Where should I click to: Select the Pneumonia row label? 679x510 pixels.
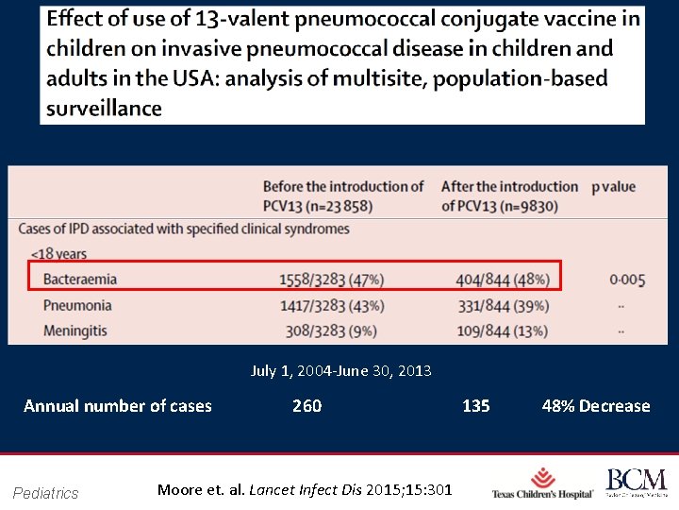[x=77, y=305]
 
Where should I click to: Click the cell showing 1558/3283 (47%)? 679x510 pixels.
[x=331, y=280]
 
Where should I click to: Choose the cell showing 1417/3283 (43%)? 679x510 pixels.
[x=331, y=305]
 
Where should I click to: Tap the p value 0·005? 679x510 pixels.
[x=627, y=280]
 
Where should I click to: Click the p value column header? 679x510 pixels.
[x=613, y=187]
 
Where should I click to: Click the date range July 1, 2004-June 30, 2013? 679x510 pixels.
[x=340, y=371]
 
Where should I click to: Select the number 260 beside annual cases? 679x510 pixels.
[x=306, y=406]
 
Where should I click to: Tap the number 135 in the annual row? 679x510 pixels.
[x=475, y=406]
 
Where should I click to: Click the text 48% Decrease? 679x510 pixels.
[x=596, y=406]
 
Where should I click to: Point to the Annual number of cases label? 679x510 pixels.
[x=118, y=406]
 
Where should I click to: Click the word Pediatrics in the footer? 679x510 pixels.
[x=46, y=492]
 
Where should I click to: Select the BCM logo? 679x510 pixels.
[x=636, y=483]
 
